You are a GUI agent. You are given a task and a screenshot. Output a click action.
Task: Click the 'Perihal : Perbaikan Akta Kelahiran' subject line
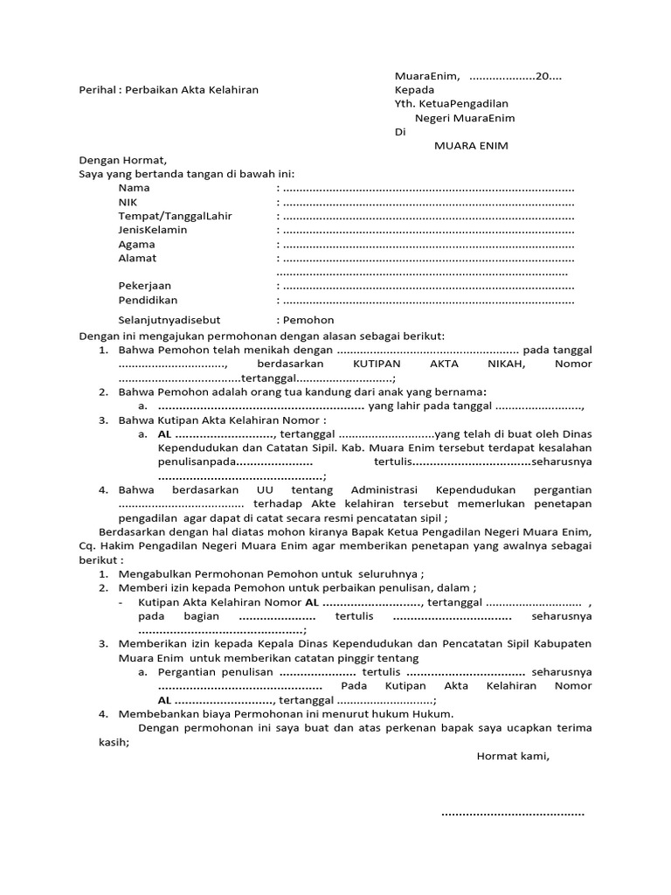pos(169,89)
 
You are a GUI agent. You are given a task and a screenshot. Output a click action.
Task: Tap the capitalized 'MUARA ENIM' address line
pos(471,145)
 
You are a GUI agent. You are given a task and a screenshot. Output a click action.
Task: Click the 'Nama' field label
pos(134,188)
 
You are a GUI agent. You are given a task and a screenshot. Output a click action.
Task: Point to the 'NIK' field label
pos(128,202)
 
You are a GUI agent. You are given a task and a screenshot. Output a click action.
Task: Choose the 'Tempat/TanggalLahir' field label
pos(175,216)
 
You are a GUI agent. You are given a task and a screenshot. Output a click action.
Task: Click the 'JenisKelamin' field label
pos(153,230)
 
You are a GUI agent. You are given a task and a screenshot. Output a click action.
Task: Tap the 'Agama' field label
pos(136,245)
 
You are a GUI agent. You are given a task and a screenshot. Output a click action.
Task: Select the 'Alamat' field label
pos(137,259)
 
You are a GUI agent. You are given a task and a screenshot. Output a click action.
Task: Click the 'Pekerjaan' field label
pos(145,286)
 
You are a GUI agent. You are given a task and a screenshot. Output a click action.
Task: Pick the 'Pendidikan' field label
pos(148,300)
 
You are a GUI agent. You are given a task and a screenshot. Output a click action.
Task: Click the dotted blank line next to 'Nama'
pos(428,189)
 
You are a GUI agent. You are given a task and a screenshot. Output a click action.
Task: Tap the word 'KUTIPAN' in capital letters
pos(377,364)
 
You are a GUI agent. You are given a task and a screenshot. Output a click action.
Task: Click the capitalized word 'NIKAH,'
pos(509,364)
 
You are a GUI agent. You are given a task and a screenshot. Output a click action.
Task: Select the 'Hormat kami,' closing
pos(512,756)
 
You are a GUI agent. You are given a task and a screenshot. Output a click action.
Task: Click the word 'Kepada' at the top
pos(413,89)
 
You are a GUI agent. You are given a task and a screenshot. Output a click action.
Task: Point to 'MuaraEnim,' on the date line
pos(427,76)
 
